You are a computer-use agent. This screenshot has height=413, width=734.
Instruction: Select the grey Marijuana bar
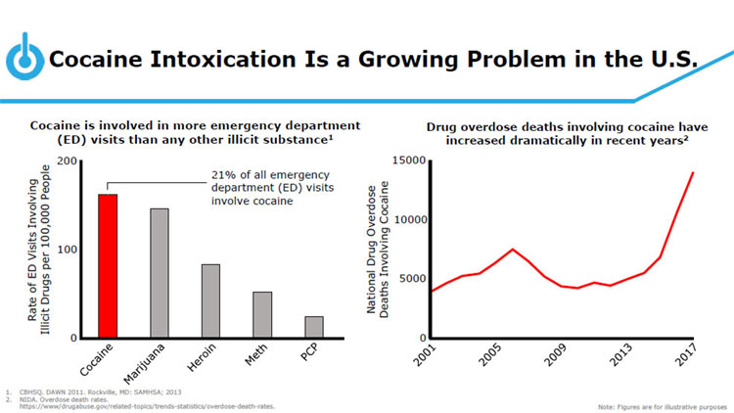[159, 273]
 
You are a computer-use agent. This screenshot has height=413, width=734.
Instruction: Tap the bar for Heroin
[210, 301]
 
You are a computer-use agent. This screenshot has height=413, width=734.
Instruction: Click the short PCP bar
[313, 327]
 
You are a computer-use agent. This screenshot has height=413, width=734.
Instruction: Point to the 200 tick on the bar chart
[69, 161]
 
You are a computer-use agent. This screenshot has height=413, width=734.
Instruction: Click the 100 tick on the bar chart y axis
[69, 250]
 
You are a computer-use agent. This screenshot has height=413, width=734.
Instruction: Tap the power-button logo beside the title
[23, 60]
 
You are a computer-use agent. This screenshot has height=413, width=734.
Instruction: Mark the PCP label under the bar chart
[311, 354]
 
